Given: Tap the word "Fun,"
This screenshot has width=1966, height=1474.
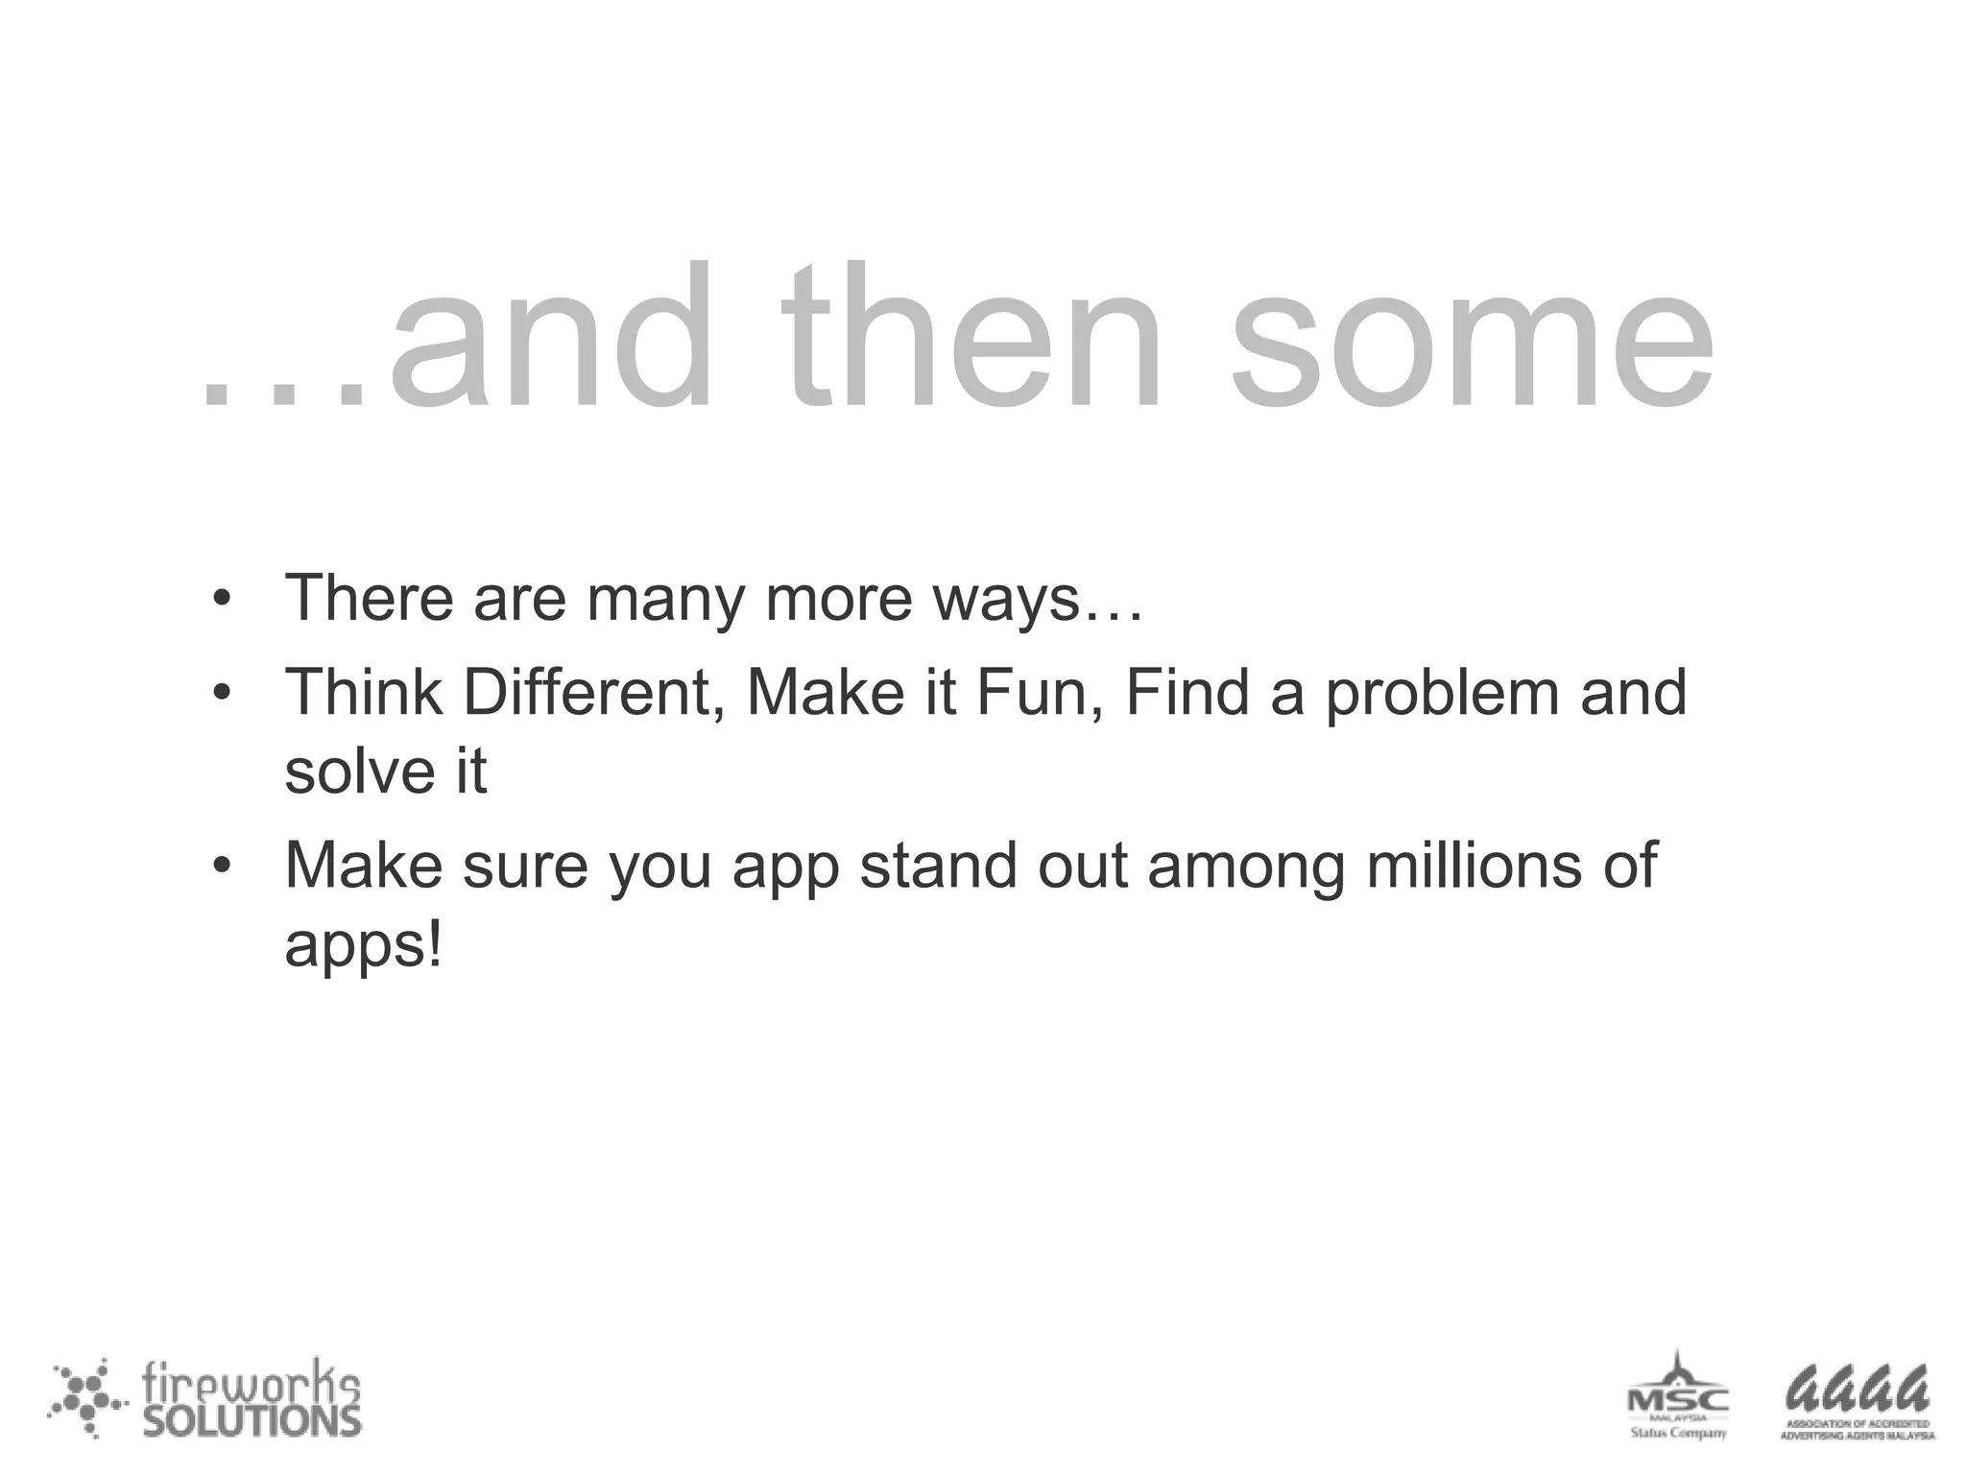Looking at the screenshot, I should [x=1040, y=693].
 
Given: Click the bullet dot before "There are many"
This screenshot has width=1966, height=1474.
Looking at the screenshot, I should [x=223, y=600].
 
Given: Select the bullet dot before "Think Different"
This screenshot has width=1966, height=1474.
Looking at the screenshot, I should [x=223, y=693].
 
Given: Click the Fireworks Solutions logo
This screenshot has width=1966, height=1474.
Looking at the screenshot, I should [x=205, y=1398].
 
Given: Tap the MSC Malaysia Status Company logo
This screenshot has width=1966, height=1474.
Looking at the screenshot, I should [x=1677, y=1397].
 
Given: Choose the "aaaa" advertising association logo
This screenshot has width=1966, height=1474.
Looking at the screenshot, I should [x=1857, y=1401].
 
